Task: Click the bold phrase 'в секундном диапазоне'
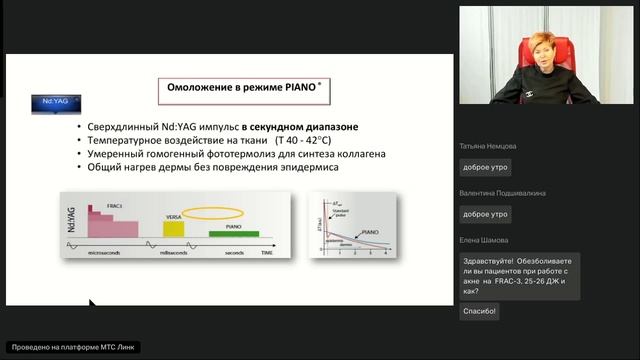(x=298, y=128)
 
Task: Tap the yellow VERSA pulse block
(x=174, y=229)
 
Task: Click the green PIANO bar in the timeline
(x=234, y=234)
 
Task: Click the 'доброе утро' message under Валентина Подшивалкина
(x=485, y=214)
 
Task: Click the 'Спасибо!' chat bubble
(x=479, y=311)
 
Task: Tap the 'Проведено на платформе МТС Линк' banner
(x=71, y=347)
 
